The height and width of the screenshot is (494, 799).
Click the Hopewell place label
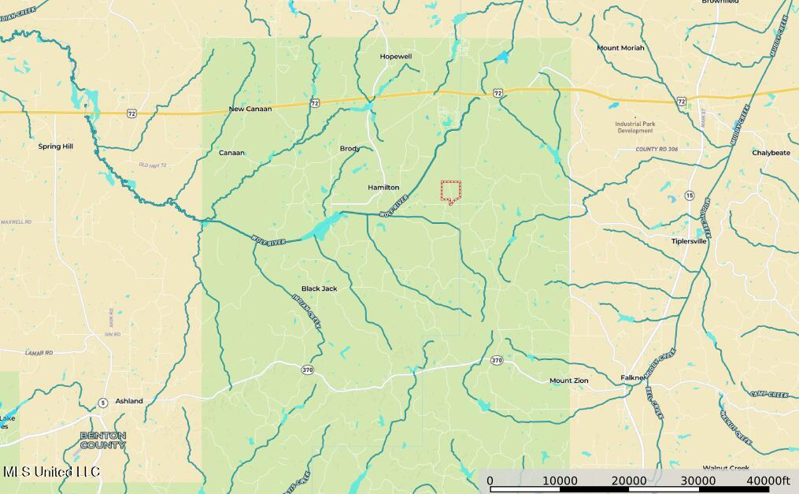pyautogui.click(x=396, y=57)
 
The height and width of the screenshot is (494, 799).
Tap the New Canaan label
pyautogui.click(x=250, y=109)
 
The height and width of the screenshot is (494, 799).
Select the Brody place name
pyautogui.click(x=350, y=149)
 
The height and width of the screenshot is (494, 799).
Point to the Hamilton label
pyautogui.click(x=383, y=188)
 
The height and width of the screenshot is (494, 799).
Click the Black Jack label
pyautogui.click(x=319, y=288)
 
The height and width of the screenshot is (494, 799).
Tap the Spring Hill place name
pyautogui.click(x=56, y=147)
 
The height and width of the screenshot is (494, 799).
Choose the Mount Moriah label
pyautogui.click(x=620, y=48)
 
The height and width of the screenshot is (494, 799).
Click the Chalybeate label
pyautogui.click(x=771, y=153)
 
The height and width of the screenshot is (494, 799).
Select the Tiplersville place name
pyautogui.click(x=689, y=241)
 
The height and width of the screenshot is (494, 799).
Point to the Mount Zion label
pyautogui.click(x=568, y=381)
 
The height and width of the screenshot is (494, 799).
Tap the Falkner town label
pyautogui.click(x=633, y=377)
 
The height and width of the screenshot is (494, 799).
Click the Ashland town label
pyautogui.click(x=129, y=401)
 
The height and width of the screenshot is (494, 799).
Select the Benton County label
pyautogui.click(x=102, y=440)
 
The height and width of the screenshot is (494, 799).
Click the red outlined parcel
pyautogui.click(x=450, y=191)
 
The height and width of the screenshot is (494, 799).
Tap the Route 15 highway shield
pyautogui.click(x=690, y=195)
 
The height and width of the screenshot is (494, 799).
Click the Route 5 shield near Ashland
pyautogui.click(x=103, y=403)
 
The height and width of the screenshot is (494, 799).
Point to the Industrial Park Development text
pyautogui.click(x=635, y=127)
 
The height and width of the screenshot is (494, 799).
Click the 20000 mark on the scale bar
pyautogui.click(x=630, y=481)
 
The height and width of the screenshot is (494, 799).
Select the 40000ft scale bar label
pyautogui.click(x=768, y=481)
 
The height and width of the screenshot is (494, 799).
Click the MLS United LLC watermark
pyautogui.click(x=52, y=472)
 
